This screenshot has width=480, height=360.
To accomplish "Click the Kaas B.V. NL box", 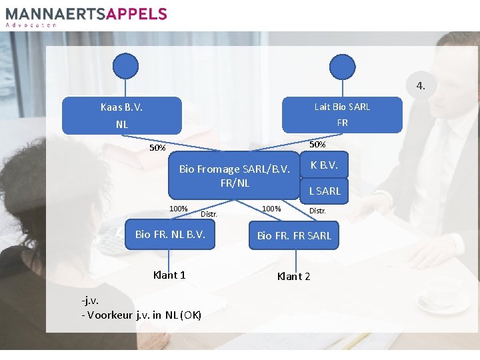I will coord(121,115).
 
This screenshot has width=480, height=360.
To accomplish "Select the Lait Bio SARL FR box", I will coord(343,115).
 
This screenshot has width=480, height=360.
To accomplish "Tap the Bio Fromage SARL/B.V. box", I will coord(235,176).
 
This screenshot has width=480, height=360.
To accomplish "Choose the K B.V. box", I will coord(325,165).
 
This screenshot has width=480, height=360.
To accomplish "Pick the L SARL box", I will coord(325,191).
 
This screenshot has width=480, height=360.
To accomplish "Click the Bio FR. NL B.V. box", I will coord(170,235).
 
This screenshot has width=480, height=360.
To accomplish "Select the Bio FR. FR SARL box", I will coord(294,235).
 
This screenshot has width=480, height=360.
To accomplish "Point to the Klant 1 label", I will coord(169,275).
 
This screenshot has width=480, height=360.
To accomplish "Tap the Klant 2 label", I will coord(293,276).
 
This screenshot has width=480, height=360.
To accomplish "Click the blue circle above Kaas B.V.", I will coord(125,66).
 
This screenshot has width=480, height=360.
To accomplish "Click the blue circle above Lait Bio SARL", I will coord(343,66).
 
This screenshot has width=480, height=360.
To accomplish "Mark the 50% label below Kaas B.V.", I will coord(157,148).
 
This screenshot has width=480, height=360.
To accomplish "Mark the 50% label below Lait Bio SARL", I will coord(317,144).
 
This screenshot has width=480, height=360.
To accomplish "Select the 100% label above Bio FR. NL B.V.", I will coord(178,209).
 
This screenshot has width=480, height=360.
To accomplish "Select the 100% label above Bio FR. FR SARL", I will coord(271,209).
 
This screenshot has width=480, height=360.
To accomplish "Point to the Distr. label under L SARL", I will coord(317,211).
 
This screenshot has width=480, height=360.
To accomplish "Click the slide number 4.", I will coord(420,85).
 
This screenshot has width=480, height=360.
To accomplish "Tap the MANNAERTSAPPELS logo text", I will coord(87,13).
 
